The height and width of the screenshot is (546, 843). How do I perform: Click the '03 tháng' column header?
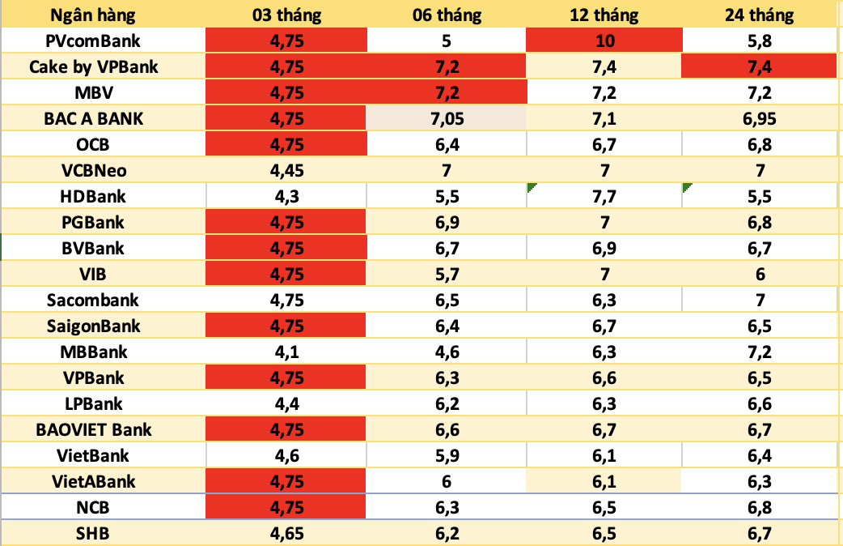tap(286, 15)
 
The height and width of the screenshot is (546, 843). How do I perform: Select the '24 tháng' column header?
tap(760, 15)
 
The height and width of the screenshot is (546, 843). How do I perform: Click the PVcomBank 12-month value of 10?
tap(604, 41)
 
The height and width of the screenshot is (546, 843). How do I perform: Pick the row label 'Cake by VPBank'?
tap(94, 66)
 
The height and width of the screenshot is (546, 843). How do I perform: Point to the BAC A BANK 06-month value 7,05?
tap(447, 118)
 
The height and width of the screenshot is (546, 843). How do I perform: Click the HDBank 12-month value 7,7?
tap(604, 196)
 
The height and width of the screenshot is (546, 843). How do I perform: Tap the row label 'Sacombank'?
tap(94, 300)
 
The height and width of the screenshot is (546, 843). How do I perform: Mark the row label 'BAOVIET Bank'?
tap(94, 429)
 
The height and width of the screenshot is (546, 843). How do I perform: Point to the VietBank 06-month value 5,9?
tap(447, 455)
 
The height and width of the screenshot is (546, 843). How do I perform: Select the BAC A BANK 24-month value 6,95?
tap(760, 118)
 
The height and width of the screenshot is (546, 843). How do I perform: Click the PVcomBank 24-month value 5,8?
tap(760, 41)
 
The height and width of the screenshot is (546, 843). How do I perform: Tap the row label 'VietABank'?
tap(94, 481)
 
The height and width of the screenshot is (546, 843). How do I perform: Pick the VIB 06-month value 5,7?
tap(447, 274)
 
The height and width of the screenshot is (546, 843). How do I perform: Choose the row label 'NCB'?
tap(94, 507)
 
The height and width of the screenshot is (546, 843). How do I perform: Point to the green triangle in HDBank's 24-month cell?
tap(687, 187)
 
